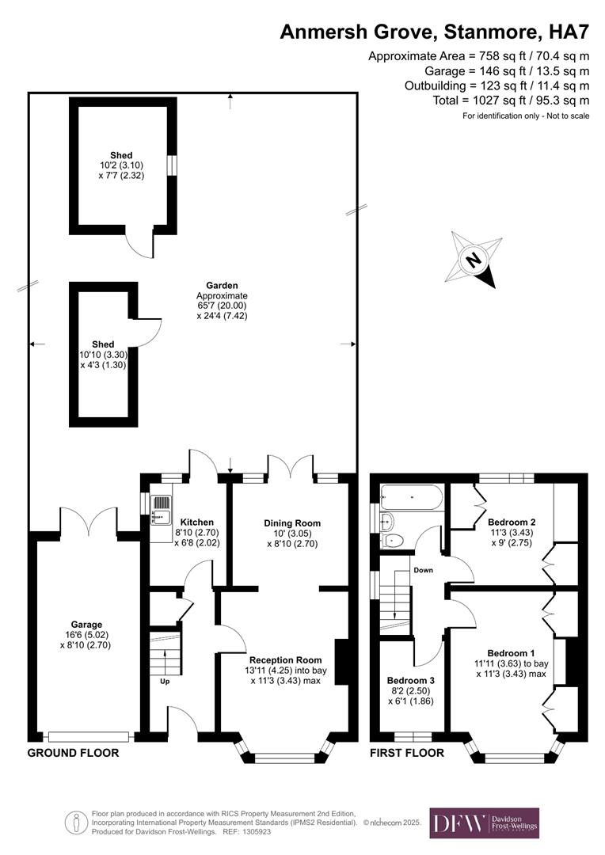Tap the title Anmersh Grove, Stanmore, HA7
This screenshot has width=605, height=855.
pos(436,32)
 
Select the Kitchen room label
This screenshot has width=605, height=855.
pos(196,522)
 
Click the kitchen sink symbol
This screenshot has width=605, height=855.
pos(161,509)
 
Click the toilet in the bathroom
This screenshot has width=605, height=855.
pos(394,540)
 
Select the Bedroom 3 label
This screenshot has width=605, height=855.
pos(410,680)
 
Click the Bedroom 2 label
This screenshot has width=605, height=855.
pos(512,522)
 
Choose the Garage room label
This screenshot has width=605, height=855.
pos(86,625)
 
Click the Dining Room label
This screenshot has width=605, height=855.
pos(291,523)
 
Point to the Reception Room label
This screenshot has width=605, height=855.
pos(285,659)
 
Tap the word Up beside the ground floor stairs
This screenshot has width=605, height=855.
pos(165,681)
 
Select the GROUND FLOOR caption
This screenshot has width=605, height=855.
pos(73,753)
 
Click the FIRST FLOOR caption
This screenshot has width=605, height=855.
pos(407,753)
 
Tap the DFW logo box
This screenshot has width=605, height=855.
pos(484,823)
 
